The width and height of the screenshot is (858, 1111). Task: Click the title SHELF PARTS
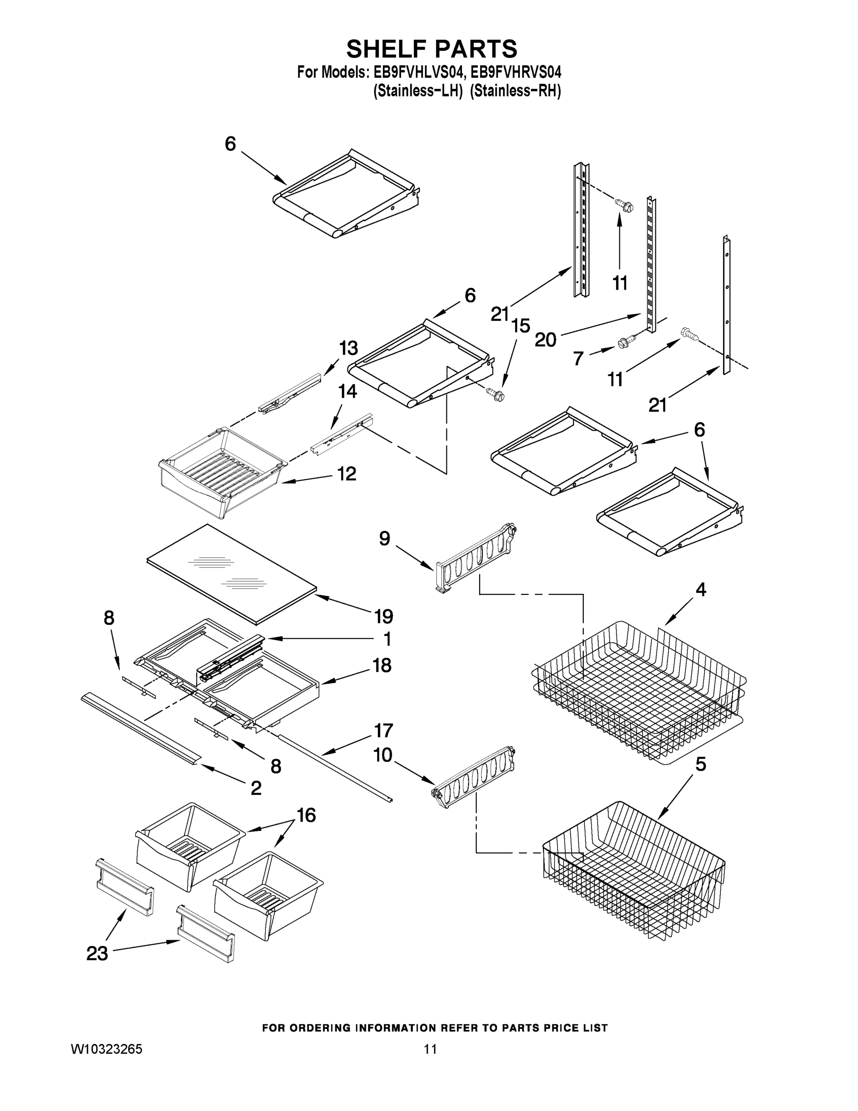point(432,50)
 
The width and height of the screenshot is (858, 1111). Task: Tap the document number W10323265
point(106,1049)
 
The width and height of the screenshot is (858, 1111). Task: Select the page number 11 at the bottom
point(430,1049)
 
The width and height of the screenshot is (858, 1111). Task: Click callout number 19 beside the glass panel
point(384,617)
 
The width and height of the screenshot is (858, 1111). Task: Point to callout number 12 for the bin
point(347,474)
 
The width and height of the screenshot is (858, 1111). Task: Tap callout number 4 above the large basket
point(701,590)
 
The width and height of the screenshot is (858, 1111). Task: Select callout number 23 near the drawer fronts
point(97,953)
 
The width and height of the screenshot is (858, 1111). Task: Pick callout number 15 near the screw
point(520,325)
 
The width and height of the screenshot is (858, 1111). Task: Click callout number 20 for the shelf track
point(545,339)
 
